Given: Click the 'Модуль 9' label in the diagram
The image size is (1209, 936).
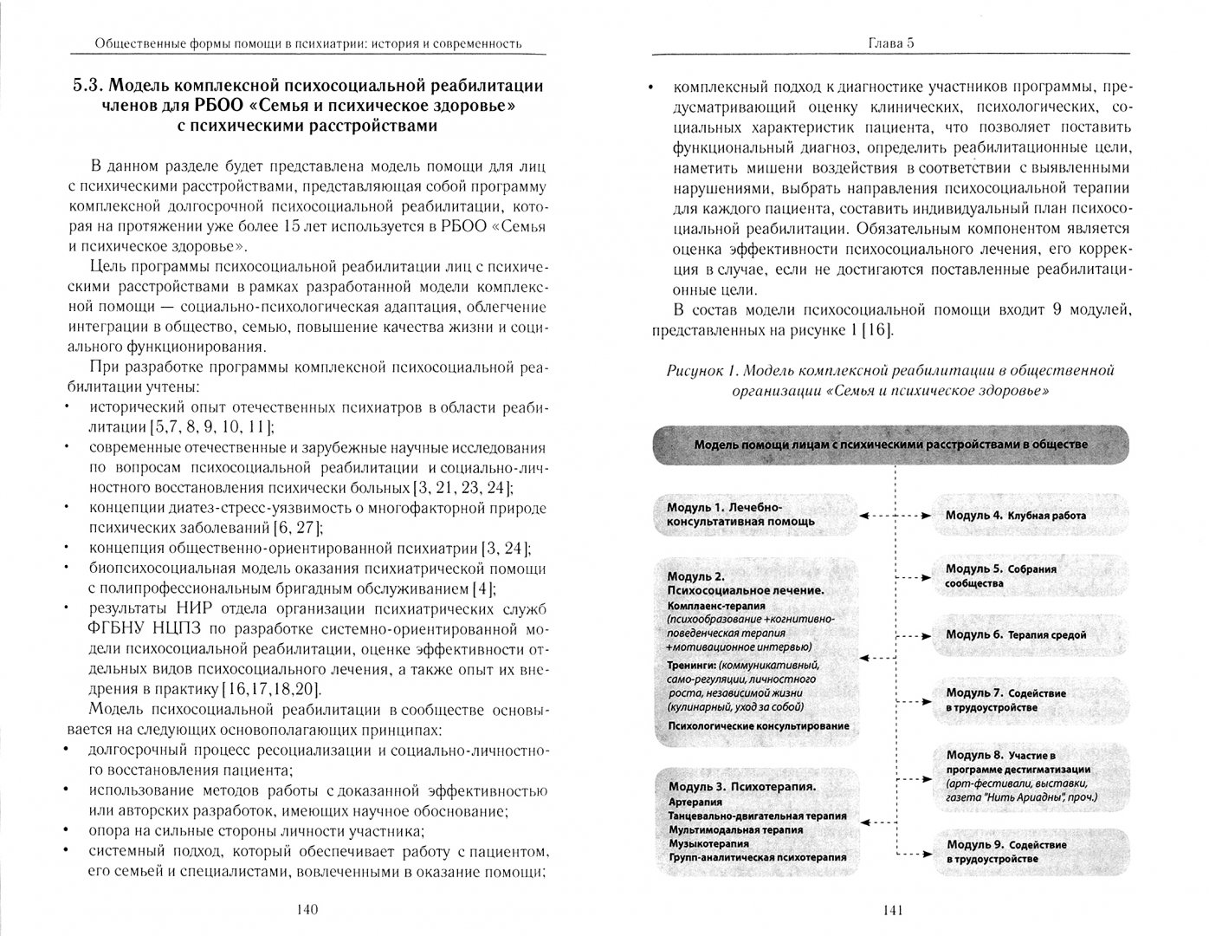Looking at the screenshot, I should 973,844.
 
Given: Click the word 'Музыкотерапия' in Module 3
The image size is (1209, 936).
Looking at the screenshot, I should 709,843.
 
